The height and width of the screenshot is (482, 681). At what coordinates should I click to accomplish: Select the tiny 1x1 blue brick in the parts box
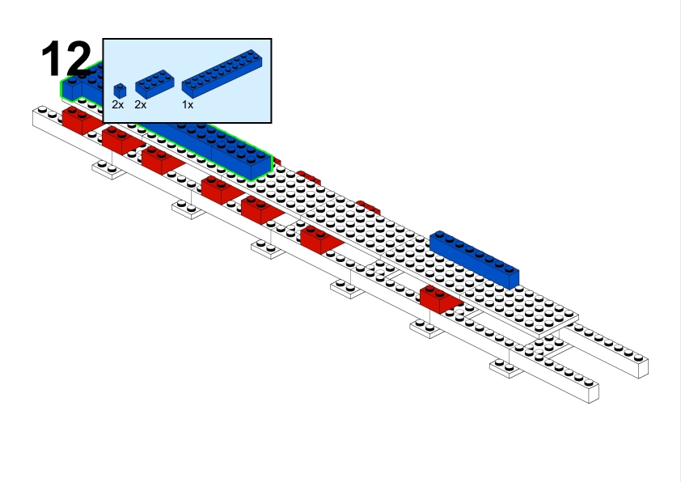coord(120,91)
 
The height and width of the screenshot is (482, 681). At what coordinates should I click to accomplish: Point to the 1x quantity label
coord(188,105)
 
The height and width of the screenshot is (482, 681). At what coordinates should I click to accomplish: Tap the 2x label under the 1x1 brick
coord(118,105)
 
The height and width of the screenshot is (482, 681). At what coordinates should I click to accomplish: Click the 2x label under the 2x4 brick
coord(141,105)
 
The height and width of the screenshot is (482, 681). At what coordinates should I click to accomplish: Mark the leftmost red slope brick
coord(79,120)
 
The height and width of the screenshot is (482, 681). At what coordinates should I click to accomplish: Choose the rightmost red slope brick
coord(440,298)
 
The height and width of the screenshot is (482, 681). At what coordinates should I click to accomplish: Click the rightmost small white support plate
coord(507,368)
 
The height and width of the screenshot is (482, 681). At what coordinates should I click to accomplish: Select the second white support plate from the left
coord(188,209)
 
